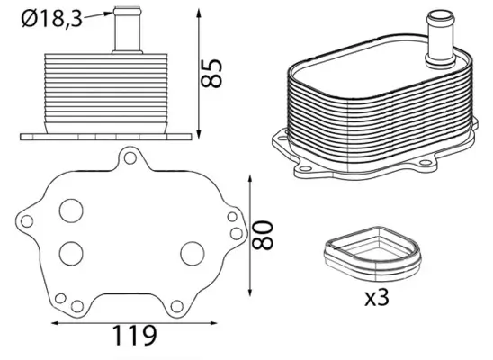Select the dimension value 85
point(214,73)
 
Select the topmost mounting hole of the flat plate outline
point(130,159)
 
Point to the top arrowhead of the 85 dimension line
point(197,13)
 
